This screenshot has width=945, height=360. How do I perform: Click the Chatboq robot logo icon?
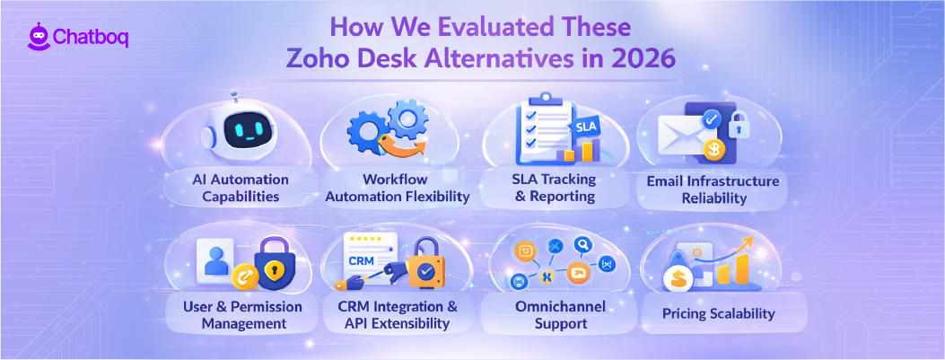click(38, 38)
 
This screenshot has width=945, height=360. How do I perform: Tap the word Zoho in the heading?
click(321, 60)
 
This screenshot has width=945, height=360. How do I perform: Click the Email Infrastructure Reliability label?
click(713, 189)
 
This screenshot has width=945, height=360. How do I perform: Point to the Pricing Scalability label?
click(719, 314)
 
